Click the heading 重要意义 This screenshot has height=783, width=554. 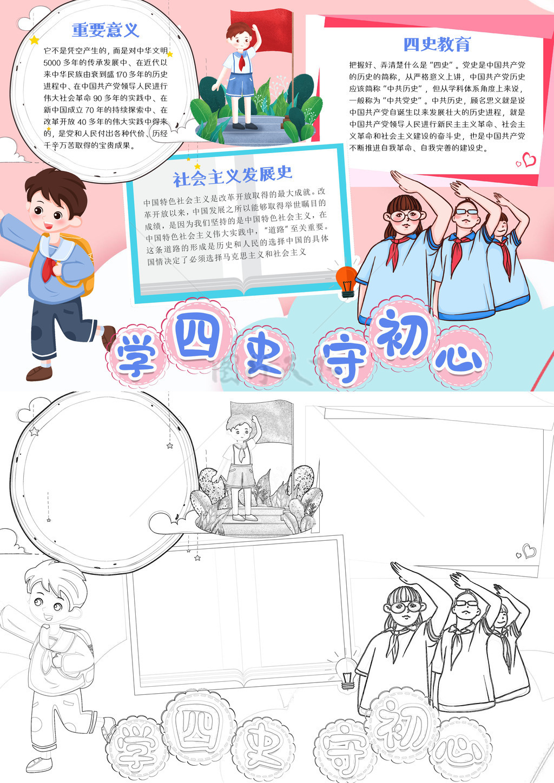click(105, 30)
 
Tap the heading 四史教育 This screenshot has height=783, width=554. click(437, 44)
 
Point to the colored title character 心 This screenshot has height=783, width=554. click(459, 360)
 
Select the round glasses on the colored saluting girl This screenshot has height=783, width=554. click(406, 215)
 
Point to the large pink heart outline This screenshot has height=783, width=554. click(529, 160)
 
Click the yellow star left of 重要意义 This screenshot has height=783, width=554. click(34, 40)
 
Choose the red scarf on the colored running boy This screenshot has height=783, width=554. click(49, 268)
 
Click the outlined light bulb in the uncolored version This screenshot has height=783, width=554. click(346, 673)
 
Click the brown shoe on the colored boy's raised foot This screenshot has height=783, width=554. click(108, 337)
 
